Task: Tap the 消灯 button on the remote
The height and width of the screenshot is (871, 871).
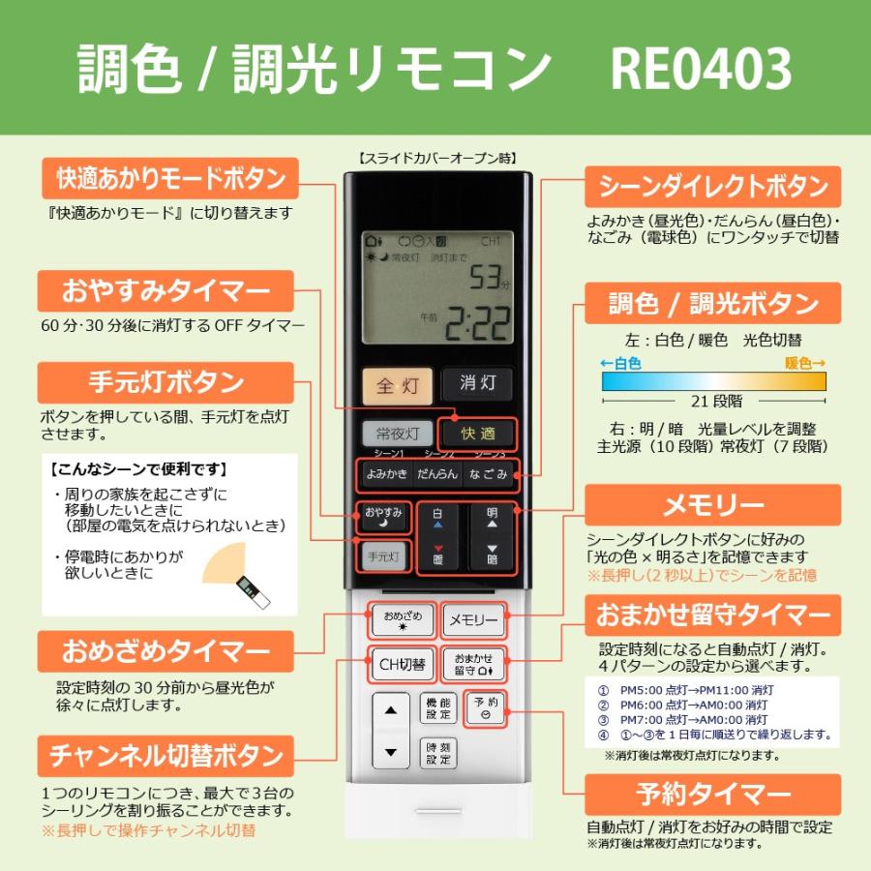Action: (x=477, y=383)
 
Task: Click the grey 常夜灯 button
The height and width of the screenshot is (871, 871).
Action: (x=397, y=435)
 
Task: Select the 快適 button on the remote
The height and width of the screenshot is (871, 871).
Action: (x=477, y=435)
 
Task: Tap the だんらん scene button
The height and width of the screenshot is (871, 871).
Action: (x=437, y=474)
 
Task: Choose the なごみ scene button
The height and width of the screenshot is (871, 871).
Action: (x=488, y=474)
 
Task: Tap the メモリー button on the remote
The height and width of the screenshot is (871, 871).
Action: (x=472, y=619)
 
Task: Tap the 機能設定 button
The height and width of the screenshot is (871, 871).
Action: (x=438, y=708)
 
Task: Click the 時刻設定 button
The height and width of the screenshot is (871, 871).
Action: (x=438, y=753)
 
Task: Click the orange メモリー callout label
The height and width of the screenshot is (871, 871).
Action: (x=712, y=505)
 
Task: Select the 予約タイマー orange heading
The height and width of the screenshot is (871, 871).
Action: (x=712, y=795)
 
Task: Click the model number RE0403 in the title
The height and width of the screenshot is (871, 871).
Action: (x=701, y=70)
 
